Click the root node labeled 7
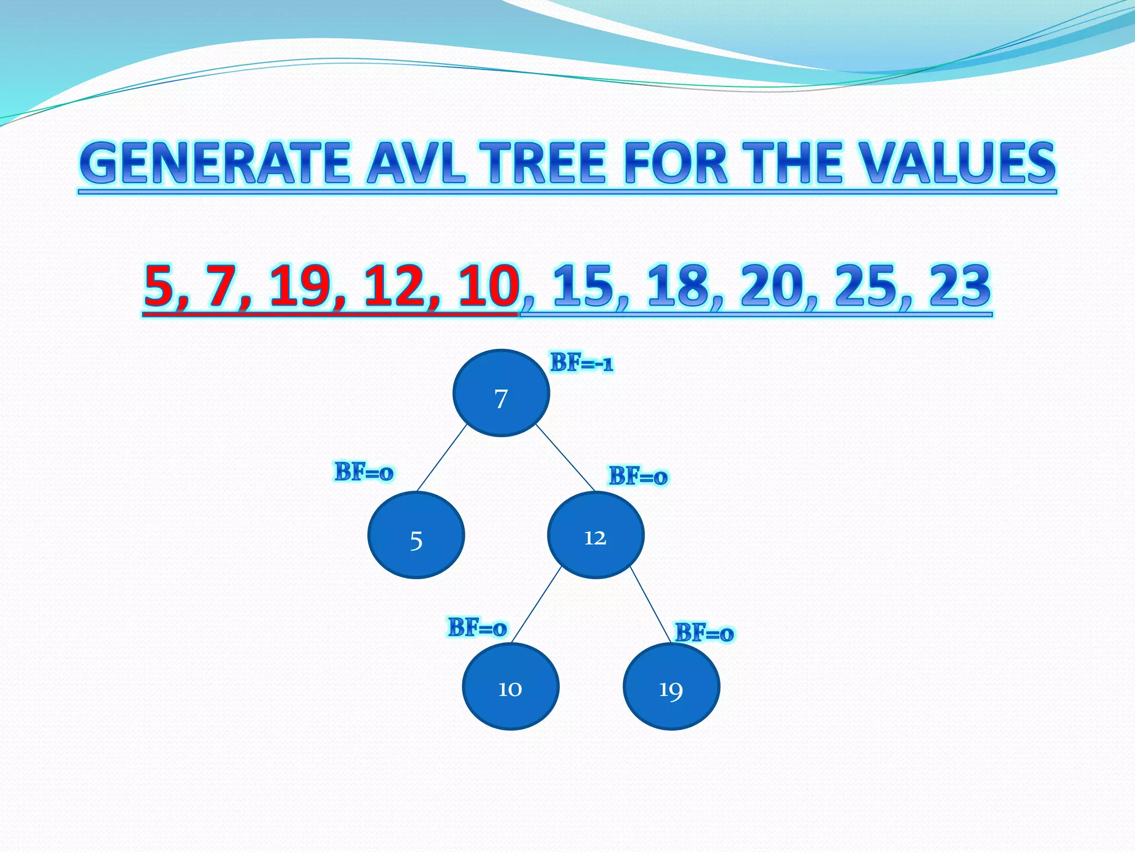pos(501,393)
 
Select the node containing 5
pos(416,535)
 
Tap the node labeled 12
pos(596,535)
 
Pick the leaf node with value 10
pos(510,687)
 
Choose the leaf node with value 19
pos(671,687)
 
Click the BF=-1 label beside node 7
pos(581,363)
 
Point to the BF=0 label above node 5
pos(364,472)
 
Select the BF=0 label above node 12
pos(638,476)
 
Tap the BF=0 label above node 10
pos(477,627)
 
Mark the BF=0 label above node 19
pos(704,632)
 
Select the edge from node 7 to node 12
pos(565,458)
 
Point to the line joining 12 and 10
pos(536,605)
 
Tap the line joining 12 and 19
pos(651,605)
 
